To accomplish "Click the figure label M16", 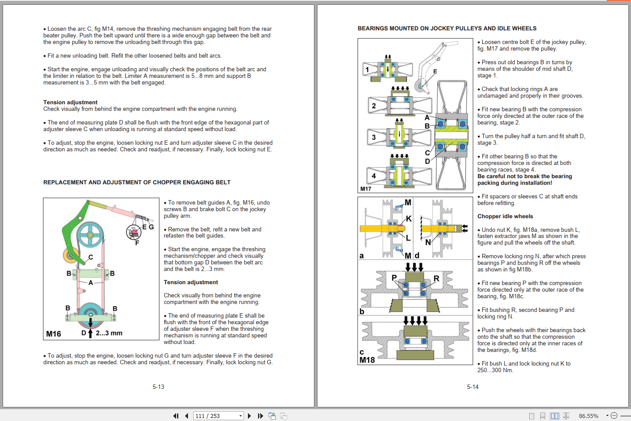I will tap(54, 334).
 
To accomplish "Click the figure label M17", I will tap(366, 189).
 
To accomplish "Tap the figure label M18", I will tap(367, 360).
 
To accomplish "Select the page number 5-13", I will tap(158, 387).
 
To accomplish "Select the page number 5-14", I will tap(472, 387).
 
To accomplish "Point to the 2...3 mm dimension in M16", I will tap(109, 333).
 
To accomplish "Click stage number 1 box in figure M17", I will tap(367, 70).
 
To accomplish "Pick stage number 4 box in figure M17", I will tap(374, 176).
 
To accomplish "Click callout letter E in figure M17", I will tap(435, 71).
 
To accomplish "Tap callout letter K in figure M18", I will tap(409, 219).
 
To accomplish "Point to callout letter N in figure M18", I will tap(428, 242).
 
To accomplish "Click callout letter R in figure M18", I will tap(436, 278).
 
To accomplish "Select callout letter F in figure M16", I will tap(137, 242).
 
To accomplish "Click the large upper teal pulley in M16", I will tap(90, 235).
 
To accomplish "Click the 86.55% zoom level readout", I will tap(588, 416).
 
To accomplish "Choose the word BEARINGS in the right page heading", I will tap(373, 28).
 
